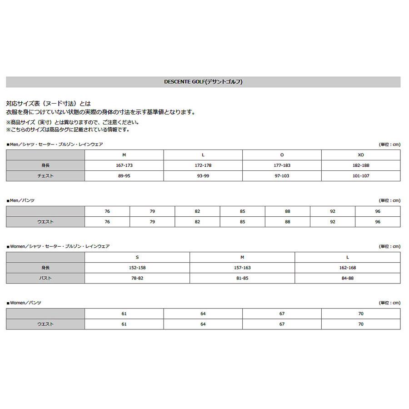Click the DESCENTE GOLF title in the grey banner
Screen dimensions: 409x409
[x=203, y=82]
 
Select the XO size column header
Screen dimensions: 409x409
[x=361, y=155]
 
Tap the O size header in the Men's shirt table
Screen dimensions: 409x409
[x=282, y=155]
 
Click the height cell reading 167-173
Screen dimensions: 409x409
[x=124, y=165]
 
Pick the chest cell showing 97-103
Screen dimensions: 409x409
[x=282, y=176]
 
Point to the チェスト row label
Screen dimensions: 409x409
[x=45, y=176]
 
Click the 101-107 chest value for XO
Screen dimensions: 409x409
[x=361, y=176]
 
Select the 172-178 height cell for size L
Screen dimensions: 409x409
[x=203, y=165]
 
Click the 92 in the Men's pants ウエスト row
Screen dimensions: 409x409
[x=333, y=222]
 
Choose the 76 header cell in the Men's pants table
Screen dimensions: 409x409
[x=107, y=211]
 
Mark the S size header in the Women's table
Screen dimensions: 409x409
[x=137, y=257]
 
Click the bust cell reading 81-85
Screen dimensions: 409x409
[x=242, y=278]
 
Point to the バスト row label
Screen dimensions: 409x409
[x=45, y=278]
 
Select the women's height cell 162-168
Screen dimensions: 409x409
[x=348, y=268]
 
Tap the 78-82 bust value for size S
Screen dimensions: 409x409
[x=137, y=278]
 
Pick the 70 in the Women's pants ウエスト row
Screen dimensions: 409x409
[x=361, y=324]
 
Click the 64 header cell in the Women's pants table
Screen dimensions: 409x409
[x=203, y=314]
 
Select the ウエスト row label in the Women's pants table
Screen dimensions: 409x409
[x=45, y=324]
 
